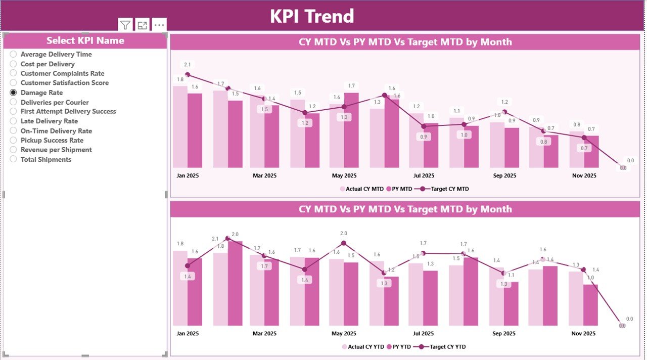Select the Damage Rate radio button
coord(14,93)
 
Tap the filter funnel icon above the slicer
coord(125,25)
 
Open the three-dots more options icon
coord(159,25)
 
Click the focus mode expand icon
coord(143,25)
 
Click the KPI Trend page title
coord(312,16)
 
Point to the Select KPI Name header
coord(85,40)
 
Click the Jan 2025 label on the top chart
coord(188,176)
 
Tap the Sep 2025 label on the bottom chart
coord(504,334)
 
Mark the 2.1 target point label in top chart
coord(188,65)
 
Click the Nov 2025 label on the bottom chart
coord(583,334)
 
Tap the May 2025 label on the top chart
coord(344,176)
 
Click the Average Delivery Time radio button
coord(14,54)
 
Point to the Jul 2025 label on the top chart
coord(424,176)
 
